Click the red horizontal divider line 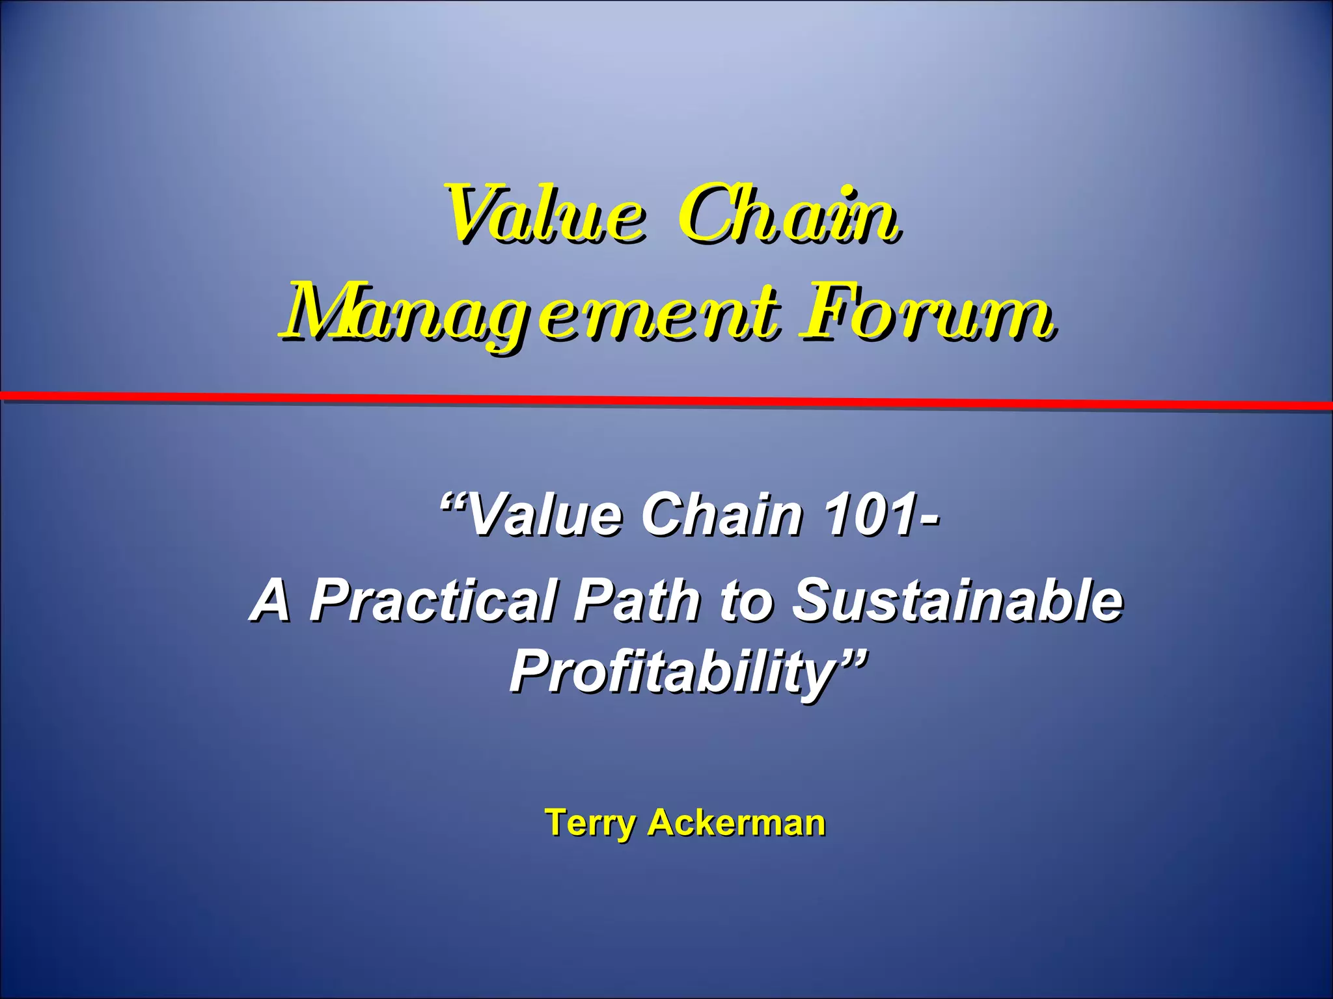click(666, 400)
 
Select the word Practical click(433, 600)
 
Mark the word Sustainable click(957, 600)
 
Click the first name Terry click(588, 823)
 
